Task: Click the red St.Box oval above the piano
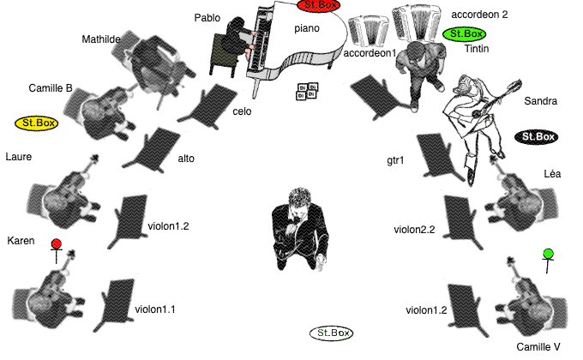click(319, 5)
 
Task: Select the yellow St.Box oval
click(36, 123)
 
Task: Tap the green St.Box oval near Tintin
click(465, 33)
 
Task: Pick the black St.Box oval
click(536, 137)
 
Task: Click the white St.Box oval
click(331, 333)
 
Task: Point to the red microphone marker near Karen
click(56, 250)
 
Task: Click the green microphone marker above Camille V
click(548, 260)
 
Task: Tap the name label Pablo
click(207, 18)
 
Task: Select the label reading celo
click(242, 111)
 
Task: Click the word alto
click(186, 159)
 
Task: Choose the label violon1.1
click(155, 309)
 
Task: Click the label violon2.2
click(414, 230)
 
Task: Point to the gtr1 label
click(395, 160)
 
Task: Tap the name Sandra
click(541, 101)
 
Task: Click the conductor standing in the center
click(300, 229)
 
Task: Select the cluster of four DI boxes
click(307, 92)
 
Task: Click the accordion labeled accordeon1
click(368, 31)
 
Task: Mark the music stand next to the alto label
click(153, 151)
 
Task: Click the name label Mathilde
click(101, 39)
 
